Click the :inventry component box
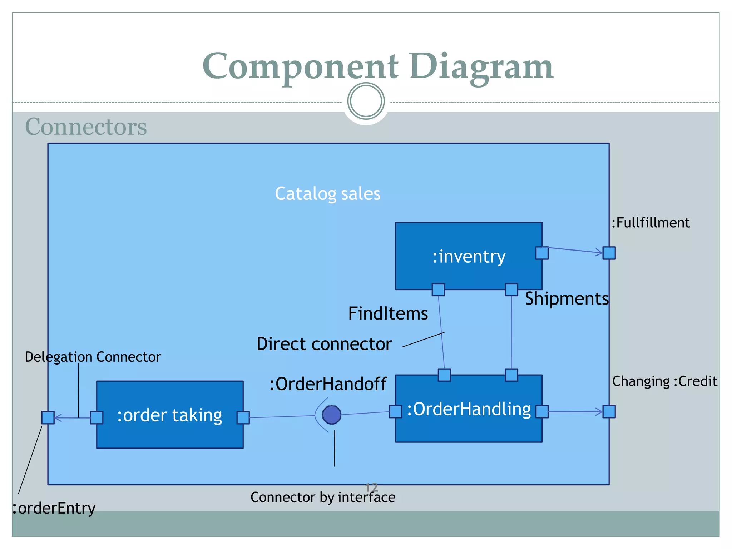click(468, 256)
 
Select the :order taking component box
click(170, 415)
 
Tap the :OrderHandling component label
click(469, 409)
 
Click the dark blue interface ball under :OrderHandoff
click(332, 415)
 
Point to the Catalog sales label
click(327, 194)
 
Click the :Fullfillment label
click(651, 223)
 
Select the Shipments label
click(567, 298)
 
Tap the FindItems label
click(388, 313)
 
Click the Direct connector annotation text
click(324, 344)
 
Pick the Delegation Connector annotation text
click(93, 357)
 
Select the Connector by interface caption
click(323, 497)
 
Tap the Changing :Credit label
click(664, 381)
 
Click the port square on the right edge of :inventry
click(542, 253)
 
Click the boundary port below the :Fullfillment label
click(609, 253)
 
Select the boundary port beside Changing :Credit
click(609, 411)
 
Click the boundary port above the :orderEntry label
click(48, 417)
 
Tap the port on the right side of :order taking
click(243, 417)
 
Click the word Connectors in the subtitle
click(86, 127)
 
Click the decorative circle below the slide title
click(366, 101)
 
